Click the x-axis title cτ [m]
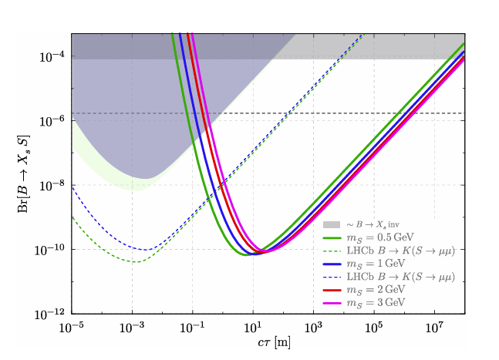point(268,343)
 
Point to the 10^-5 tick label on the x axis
point(71,326)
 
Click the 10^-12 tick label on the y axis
point(52,315)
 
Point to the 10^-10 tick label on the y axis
point(52,250)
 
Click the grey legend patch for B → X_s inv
point(332,224)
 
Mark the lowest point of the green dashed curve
point(136,262)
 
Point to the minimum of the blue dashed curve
point(146,250)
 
